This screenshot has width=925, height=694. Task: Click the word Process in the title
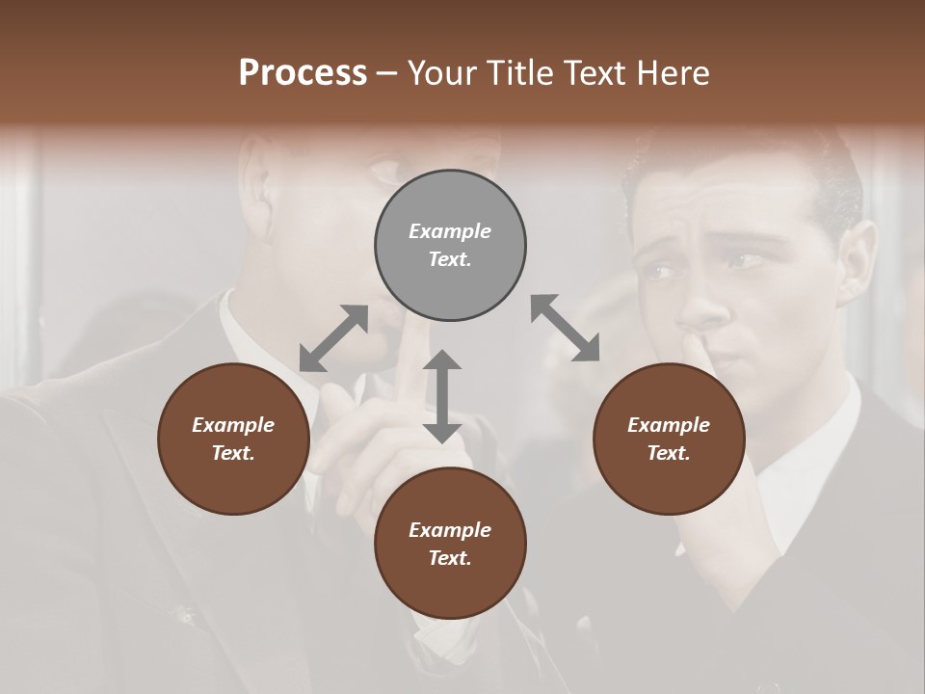point(303,73)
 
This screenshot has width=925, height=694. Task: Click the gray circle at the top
point(450,246)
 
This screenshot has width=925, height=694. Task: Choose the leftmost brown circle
point(233,439)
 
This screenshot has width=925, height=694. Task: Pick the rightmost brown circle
point(669,439)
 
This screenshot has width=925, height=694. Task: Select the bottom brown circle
point(450,544)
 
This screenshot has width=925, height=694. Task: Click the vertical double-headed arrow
point(442,397)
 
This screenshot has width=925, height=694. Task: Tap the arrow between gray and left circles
point(333,338)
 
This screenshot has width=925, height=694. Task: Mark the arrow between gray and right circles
point(565,328)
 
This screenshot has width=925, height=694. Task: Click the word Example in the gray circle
point(450,231)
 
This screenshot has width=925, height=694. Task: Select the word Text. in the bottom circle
point(450,558)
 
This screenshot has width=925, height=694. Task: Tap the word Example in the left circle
point(233,425)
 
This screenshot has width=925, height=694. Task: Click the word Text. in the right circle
point(669,453)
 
